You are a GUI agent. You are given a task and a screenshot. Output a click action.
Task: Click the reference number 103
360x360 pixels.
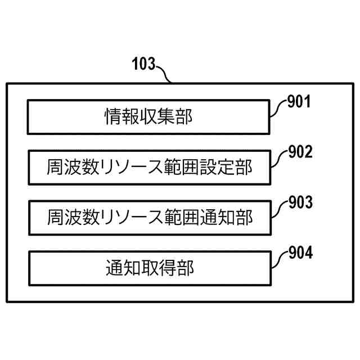coord(143,64)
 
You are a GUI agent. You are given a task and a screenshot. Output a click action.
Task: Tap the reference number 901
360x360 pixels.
coord(299,102)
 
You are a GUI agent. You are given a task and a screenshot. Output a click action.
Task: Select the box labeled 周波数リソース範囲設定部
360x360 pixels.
coord(148,167)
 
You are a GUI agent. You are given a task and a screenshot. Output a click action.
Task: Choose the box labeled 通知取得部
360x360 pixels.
coord(148,268)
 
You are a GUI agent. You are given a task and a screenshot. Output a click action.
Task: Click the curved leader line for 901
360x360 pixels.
coord(278,108)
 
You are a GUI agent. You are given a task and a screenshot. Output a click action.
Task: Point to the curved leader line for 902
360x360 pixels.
coord(278,158)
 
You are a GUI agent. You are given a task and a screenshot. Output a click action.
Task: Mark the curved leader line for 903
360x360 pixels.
coord(278,208)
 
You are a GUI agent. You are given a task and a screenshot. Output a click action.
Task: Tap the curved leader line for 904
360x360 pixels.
coord(278,259)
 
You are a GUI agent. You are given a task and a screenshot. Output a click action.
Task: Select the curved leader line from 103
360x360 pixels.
coord(165,74)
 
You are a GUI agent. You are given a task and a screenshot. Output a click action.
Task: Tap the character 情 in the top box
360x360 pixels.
coord(111,117)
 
